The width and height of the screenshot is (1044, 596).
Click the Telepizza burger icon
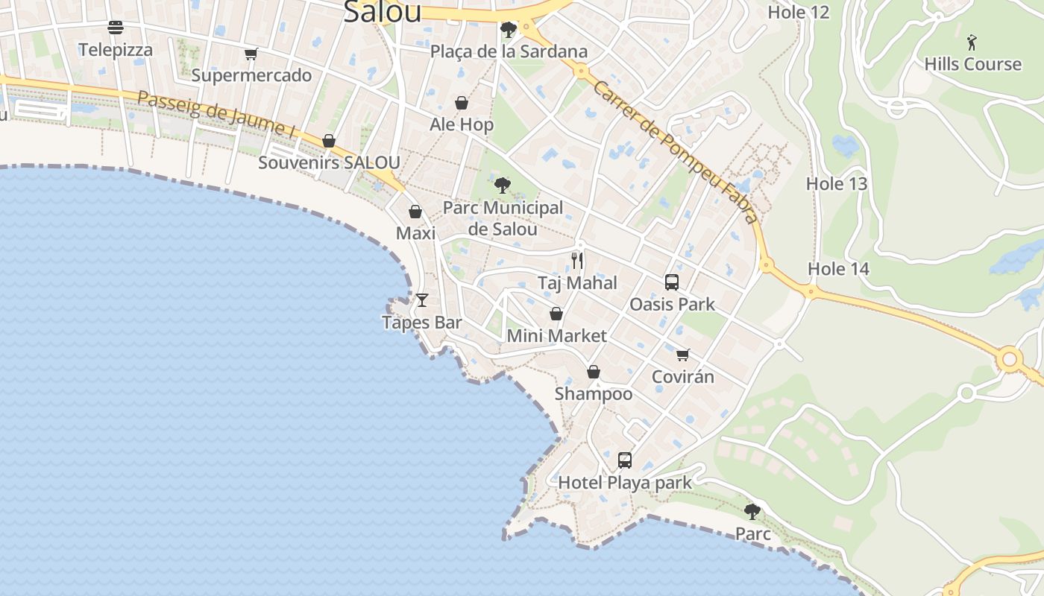click(x=116, y=28)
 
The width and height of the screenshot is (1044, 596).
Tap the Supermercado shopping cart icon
click(x=251, y=54)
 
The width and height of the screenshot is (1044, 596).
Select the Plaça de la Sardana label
click(x=509, y=51)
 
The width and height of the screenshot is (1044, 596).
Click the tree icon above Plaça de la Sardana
click(x=509, y=30)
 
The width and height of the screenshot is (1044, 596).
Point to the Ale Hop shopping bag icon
click(x=462, y=103)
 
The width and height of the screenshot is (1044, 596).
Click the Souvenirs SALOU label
click(x=329, y=162)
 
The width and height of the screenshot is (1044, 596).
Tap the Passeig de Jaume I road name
click(x=216, y=114)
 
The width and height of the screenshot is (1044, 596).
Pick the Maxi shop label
click(x=415, y=233)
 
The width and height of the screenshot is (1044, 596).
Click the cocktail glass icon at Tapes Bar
click(x=422, y=300)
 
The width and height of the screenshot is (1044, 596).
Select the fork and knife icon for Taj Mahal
click(x=577, y=260)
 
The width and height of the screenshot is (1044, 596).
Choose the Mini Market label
click(x=556, y=336)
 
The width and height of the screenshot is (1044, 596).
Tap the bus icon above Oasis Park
click(x=672, y=282)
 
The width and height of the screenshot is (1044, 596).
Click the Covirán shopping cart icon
click(x=683, y=355)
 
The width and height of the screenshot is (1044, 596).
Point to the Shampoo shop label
click(x=594, y=393)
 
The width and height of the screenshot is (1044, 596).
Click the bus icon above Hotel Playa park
click(x=625, y=460)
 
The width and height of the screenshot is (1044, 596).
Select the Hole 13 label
click(x=837, y=183)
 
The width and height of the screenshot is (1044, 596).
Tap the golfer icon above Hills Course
click(x=972, y=42)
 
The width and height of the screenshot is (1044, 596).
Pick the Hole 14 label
click(x=839, y=269)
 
